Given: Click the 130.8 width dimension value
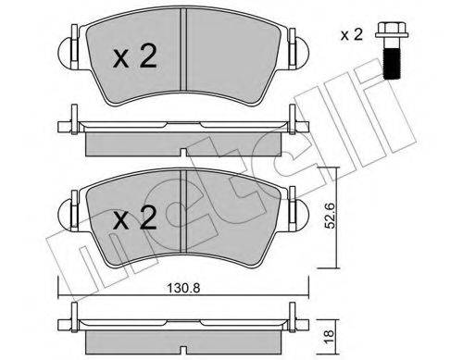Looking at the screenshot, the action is [x=183, y=288].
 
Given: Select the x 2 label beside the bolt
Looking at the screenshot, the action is [x=352, y=35].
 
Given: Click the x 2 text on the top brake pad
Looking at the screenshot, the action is [x=135, y=56].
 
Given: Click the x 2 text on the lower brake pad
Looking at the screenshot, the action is [x=135, y=218].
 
